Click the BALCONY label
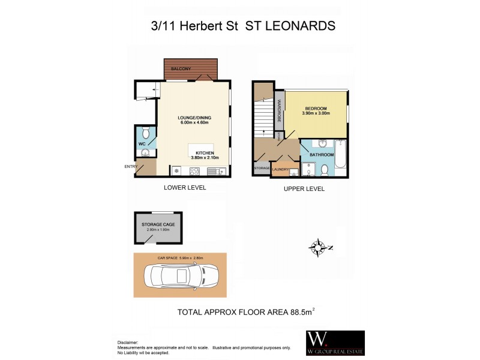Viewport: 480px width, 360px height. (181, 69)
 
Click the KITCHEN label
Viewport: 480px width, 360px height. (205, 152)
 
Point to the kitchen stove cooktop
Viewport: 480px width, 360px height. (195, 171)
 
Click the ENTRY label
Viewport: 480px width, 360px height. (130, 166)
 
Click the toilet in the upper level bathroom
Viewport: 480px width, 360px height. (323, 170)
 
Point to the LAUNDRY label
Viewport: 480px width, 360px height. (280, 170)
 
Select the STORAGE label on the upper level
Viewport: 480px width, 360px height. (261, 169)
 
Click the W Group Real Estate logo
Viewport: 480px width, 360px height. (335, 343)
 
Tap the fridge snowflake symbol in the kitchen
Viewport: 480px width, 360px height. (177, 171)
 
